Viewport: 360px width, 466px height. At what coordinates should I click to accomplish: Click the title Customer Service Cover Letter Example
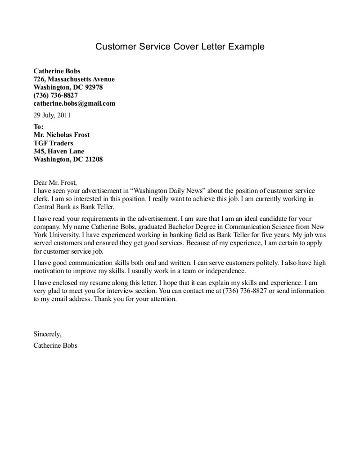(180, 47)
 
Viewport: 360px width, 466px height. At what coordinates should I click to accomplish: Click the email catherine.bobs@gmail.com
(74, 103)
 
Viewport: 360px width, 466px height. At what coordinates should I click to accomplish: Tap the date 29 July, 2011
(52, 116)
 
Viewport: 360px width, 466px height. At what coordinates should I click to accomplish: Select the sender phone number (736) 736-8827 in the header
(56, 95)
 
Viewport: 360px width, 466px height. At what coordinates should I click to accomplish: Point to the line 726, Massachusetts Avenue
(74, 79)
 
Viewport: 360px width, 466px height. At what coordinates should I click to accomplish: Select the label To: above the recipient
(39, 127)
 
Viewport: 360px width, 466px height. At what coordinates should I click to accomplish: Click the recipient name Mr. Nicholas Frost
(62, 135)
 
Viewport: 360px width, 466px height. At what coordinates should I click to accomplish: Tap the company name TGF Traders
(53, 143)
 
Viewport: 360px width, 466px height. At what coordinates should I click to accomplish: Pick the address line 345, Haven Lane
(59, 151)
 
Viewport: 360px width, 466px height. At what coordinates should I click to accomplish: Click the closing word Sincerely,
(47, 334)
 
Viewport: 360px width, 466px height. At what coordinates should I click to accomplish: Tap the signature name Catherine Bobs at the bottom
(55, 346)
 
